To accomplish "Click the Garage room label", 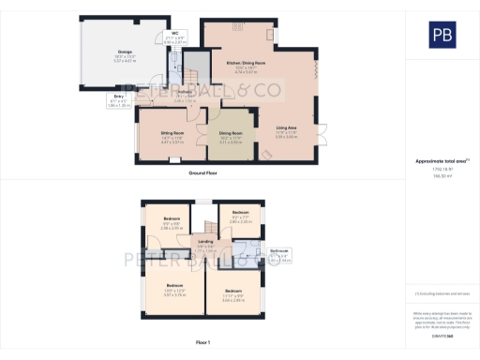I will tap(125, 51).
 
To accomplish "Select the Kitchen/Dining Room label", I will tap(246, 62).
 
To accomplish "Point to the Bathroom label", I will tap(279, 250).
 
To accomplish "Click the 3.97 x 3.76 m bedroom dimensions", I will tap(174, 294).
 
